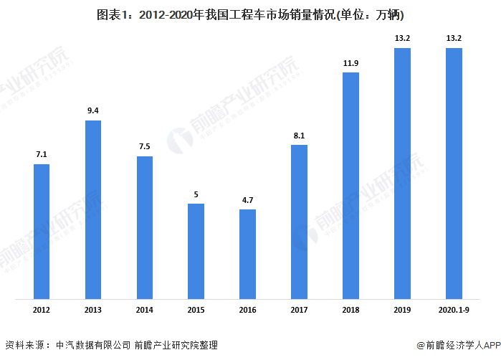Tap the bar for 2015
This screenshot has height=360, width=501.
tap(196, 251)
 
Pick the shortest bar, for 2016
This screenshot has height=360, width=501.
tap(247, 254)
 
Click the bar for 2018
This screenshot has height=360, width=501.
tap(350, 185)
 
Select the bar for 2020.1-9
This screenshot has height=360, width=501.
tap(454, 173)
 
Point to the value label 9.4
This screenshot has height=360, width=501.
tap(93, 110)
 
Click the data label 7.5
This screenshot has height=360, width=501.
tap(145, 147)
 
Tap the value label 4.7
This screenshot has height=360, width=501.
tap(247, 200)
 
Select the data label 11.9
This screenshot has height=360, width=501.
tap(350, 63)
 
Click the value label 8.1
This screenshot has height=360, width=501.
tap(299, 135)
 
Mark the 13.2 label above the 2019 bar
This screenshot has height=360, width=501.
tap(402, 39)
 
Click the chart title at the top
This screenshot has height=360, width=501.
tap(250, 15)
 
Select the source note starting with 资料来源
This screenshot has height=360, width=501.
tap(111, 345)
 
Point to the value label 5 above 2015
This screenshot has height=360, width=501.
tap(196, 194)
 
